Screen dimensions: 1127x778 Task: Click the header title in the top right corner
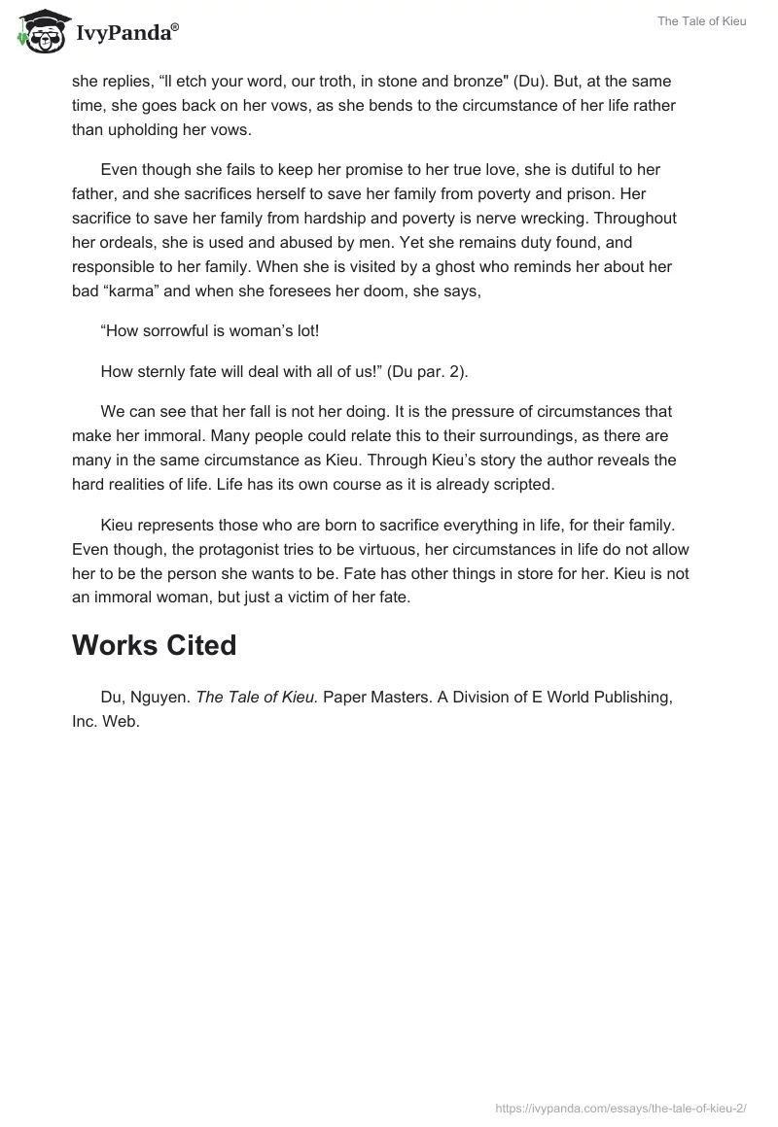[702, 21]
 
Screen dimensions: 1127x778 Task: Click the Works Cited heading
[154, 646]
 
